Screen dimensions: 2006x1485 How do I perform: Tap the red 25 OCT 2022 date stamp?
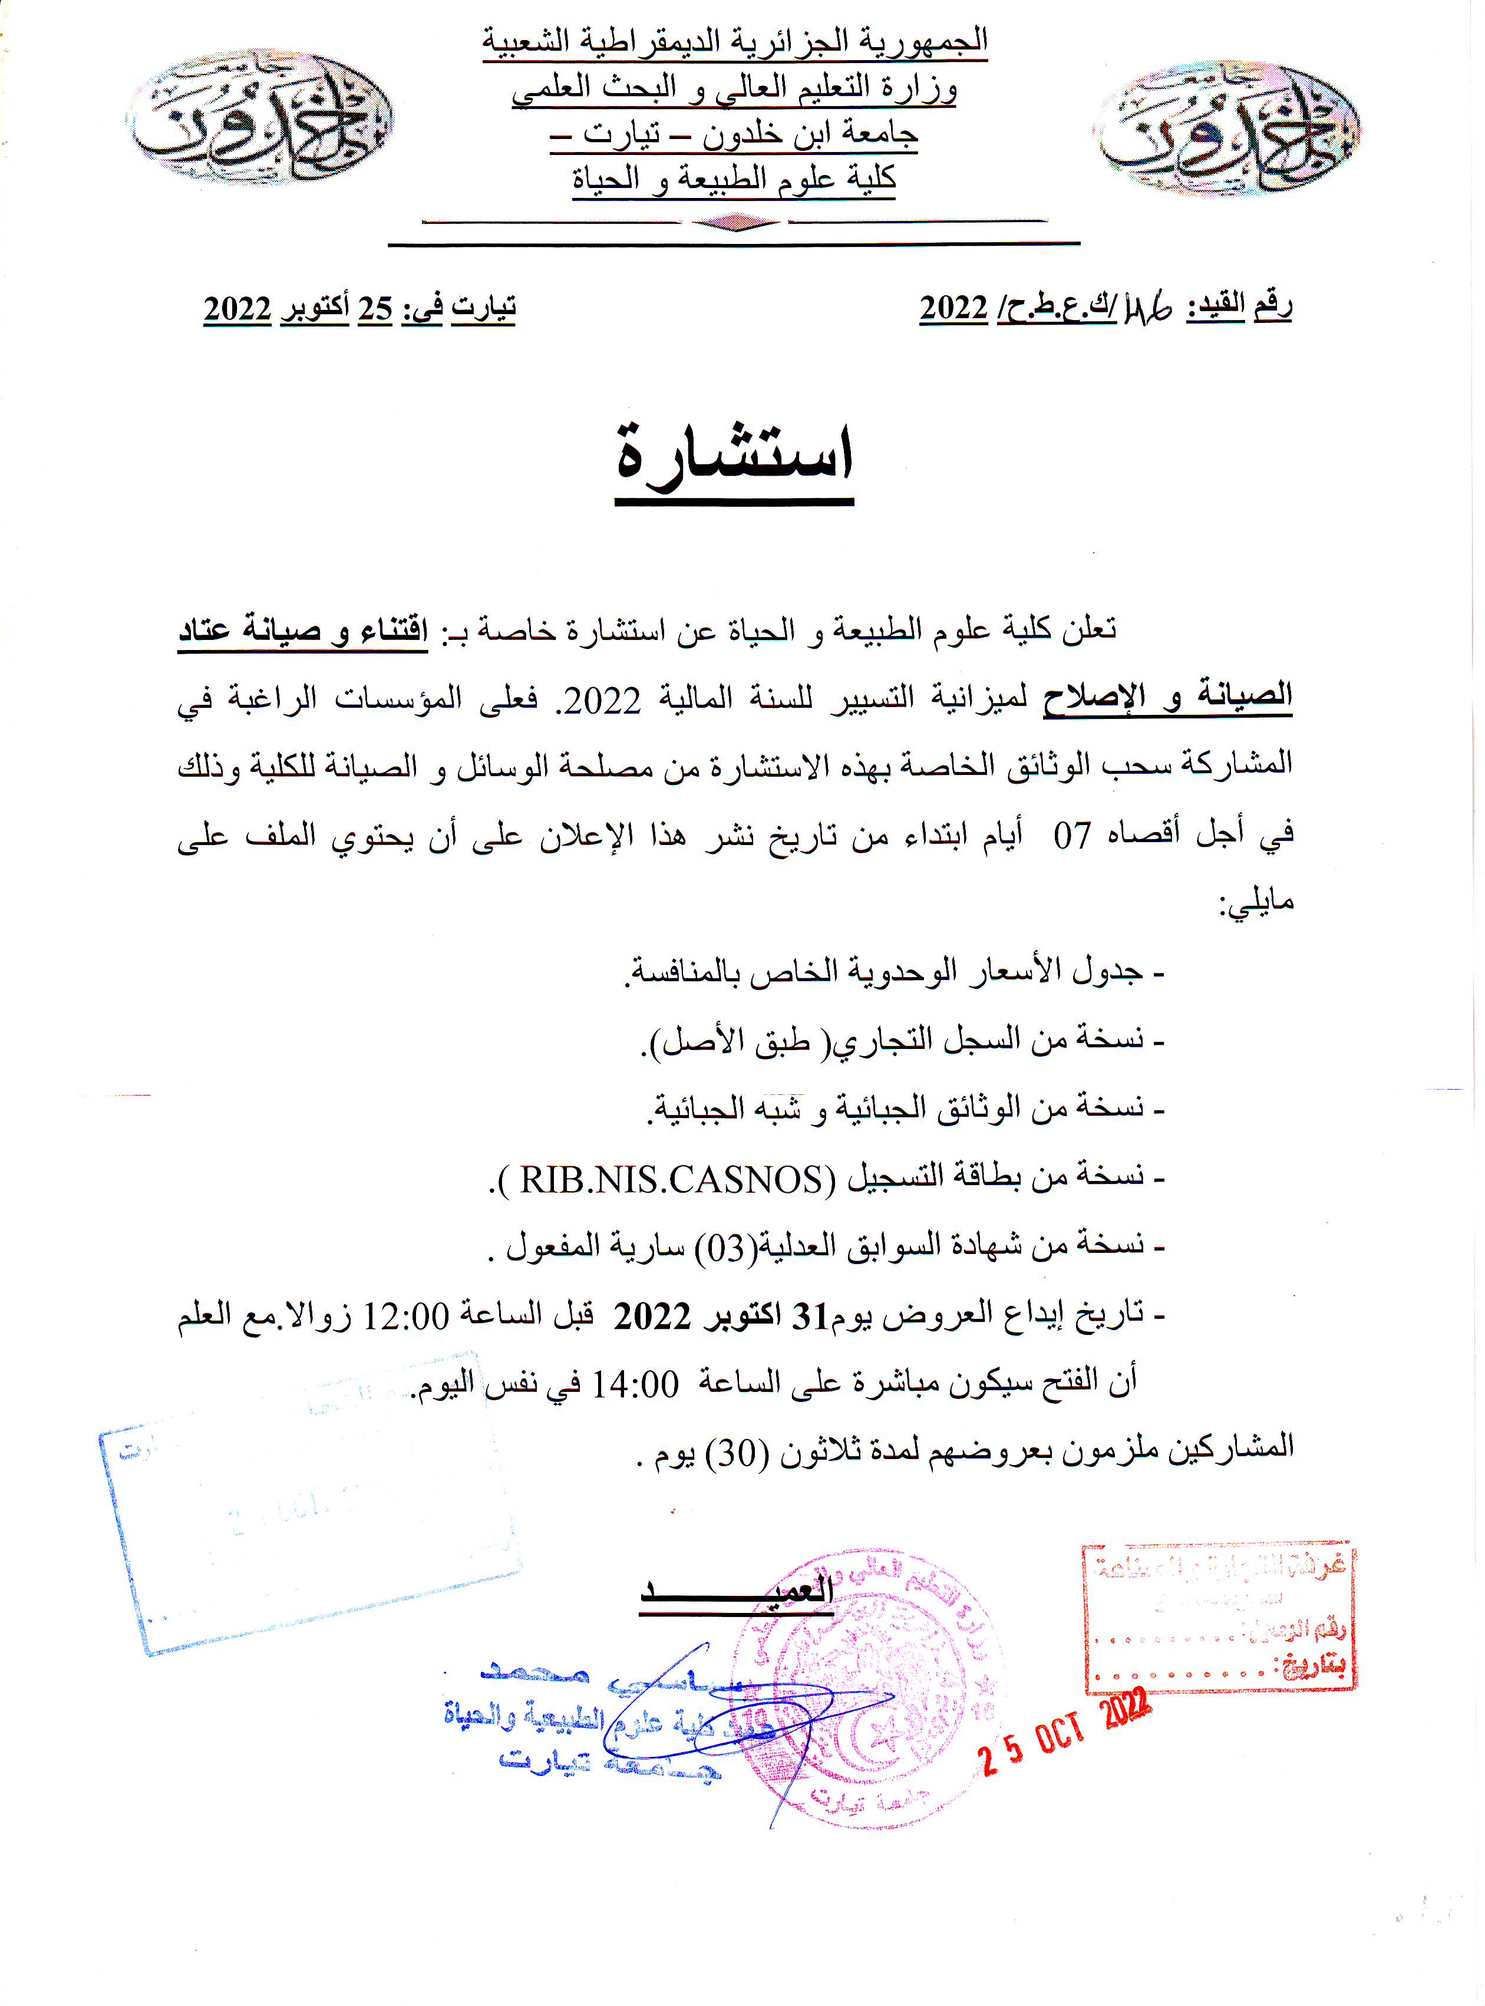tap(1066, 1730)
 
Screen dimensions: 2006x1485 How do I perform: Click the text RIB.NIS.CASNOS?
tap(671, 1178)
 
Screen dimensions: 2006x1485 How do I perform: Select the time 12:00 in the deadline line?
tap(405, 1317)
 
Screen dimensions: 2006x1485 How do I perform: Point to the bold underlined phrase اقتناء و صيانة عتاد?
tap(303, 630)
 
